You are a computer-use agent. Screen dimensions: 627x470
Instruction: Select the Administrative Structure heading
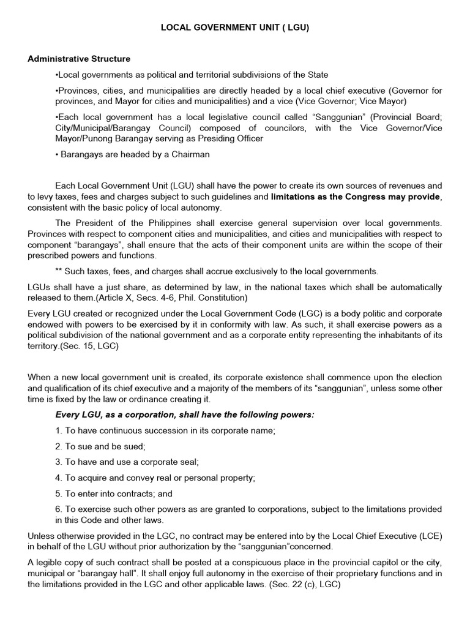pyautogui.click(x=79, y=59)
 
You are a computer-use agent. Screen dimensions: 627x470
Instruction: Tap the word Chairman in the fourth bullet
pyautogui.click(x=189, y=154)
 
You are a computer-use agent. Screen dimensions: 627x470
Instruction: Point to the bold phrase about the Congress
pyautogui.click(x=355, y=197)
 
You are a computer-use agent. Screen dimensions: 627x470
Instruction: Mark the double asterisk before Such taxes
pyautogui.click(x=59, y=271)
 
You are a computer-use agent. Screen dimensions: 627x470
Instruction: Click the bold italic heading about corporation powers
pyautogui.click(x=185, y=415)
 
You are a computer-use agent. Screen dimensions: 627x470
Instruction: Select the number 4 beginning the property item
pyautogui.click(x=58, y=478)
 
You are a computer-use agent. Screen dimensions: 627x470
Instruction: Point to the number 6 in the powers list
pyautogui.click(x=58, y=509)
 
